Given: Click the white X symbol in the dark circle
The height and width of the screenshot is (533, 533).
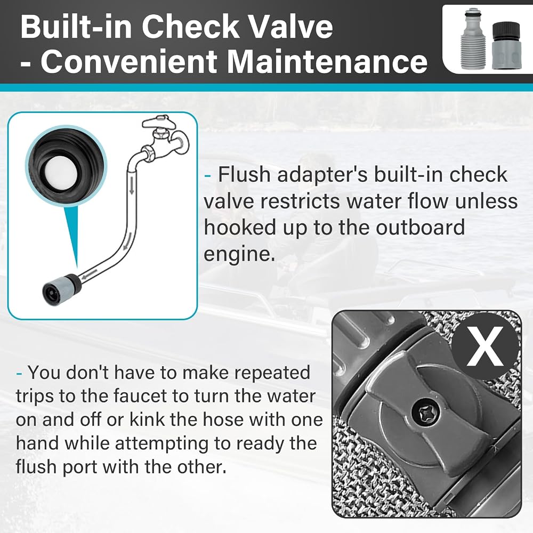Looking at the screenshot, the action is click(x=485, y=346).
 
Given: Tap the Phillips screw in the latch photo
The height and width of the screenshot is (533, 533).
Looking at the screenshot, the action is click(x=425, y=414).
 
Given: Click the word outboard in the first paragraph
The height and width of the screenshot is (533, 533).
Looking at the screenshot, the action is click(x=420, y=228).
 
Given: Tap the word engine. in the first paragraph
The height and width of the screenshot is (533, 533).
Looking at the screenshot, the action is click(x=239, y=254).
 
